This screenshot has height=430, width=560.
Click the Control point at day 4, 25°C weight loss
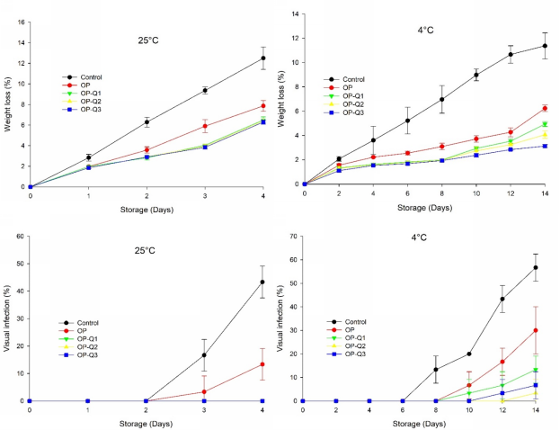(262, 58)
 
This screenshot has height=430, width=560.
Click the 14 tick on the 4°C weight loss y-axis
(297, 15)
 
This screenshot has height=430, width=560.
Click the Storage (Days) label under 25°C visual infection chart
(146, 422)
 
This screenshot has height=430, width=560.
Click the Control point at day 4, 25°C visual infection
(262, 282)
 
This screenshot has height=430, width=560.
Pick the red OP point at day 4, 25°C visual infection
(262, 364)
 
